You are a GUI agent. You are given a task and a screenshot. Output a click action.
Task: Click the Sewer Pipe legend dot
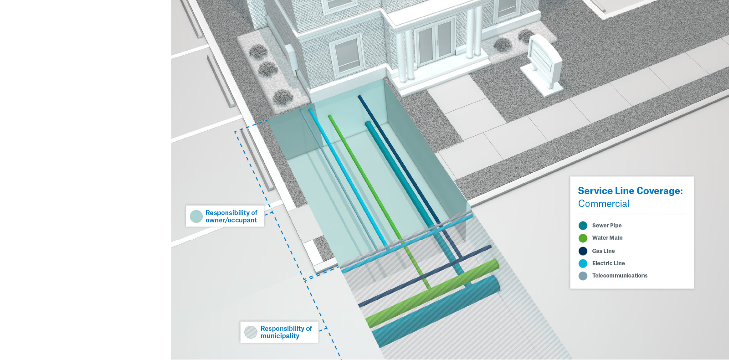pos(583,226)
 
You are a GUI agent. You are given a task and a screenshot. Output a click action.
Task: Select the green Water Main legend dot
pos(583,238)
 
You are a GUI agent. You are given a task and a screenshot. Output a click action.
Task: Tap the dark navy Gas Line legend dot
pos(583,251)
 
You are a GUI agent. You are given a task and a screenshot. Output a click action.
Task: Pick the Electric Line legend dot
pos(583,263)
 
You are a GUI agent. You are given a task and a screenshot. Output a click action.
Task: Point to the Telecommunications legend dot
pos(583,276)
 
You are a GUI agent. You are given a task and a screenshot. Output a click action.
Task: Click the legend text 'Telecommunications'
pos(620,276)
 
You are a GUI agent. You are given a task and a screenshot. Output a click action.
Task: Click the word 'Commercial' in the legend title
pos(603,204)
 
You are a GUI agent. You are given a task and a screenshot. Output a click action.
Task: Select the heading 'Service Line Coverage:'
pos(630,191)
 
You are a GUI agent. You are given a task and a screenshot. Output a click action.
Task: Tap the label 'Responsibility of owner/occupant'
pos(231,216)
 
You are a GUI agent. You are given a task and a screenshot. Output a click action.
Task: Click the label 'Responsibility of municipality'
pos(286,332)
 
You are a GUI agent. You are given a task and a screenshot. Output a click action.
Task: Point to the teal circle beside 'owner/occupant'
pos(196,216)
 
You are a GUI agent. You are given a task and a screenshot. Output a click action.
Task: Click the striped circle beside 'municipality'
pos(251,332)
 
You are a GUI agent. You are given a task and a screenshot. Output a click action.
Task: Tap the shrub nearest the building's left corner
pos(258,51)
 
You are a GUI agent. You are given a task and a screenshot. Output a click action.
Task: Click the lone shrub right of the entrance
pos(502,44)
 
